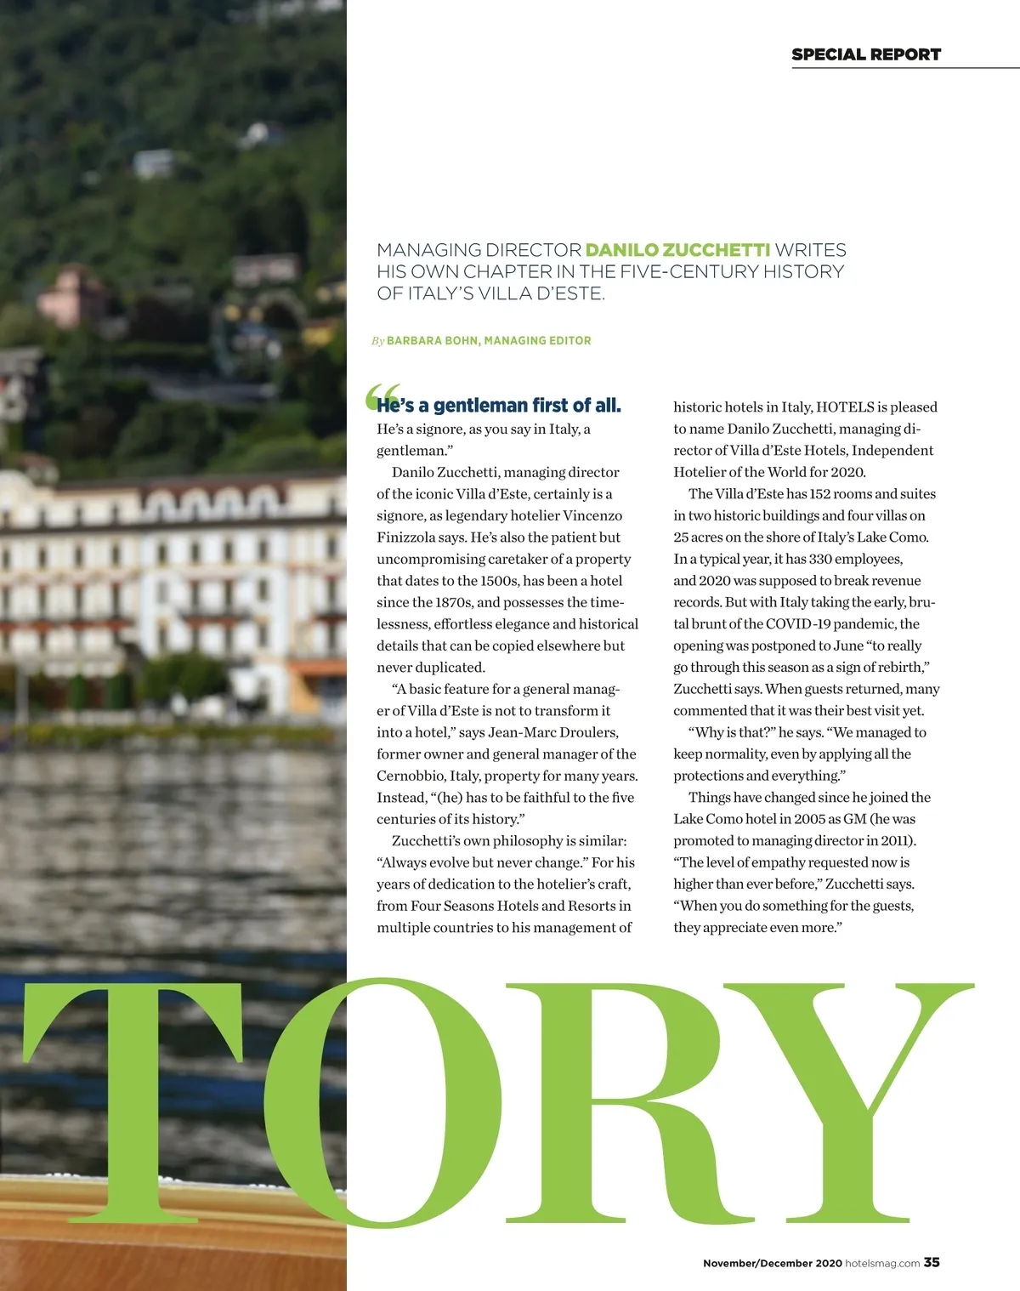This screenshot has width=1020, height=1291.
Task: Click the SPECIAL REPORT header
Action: click(865, 54)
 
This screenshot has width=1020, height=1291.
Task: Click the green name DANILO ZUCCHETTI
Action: click(677, 250)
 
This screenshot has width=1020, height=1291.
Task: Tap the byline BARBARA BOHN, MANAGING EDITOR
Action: click(489, 340)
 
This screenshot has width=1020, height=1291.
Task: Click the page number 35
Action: click(932, 1262)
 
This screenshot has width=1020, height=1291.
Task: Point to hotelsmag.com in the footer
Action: click(881, 1263)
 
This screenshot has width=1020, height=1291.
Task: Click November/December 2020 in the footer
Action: click(772, 1263)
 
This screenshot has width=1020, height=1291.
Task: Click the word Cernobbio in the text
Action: click(411, 776)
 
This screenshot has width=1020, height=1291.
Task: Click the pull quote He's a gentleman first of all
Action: click(499, 406)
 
